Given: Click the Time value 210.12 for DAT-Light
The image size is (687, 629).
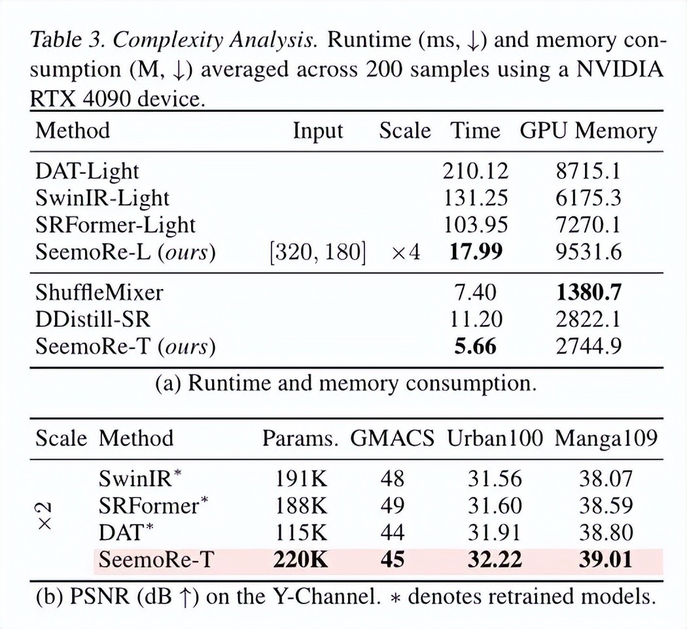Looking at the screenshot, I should [x=475, y=171].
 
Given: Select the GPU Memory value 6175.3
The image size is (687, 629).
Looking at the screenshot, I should [x=588, y=198].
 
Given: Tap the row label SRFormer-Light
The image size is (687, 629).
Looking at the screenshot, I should [x=115, y=225].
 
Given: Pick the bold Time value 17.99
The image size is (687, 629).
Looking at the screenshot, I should [x=475, y=252].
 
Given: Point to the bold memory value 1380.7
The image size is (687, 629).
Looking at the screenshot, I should [x=588, y=292].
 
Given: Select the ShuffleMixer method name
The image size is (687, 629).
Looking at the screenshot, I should [x=99, y=292].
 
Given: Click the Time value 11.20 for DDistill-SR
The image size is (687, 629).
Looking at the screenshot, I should [x=476, y=319].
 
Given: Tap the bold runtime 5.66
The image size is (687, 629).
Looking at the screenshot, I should [x=475, y=347].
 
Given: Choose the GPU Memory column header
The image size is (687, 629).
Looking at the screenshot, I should [x=588, y=131].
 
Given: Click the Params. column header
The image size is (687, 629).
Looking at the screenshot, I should [x=300, y=438].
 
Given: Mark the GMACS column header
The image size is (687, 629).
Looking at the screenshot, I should [x=392, y=438].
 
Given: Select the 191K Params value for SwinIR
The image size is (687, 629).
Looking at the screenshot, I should [x=300, y=479].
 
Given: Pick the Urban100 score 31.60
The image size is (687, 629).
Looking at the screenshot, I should [x=495, y=505].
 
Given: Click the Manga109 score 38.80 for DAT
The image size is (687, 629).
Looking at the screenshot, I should [x=605, y=533].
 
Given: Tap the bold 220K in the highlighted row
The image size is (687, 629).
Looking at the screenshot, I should [x=300, y=560].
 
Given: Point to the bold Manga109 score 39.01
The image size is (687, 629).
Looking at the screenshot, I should [x=605, y=560].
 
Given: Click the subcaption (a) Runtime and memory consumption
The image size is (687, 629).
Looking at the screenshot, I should [x=345, y=383].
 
